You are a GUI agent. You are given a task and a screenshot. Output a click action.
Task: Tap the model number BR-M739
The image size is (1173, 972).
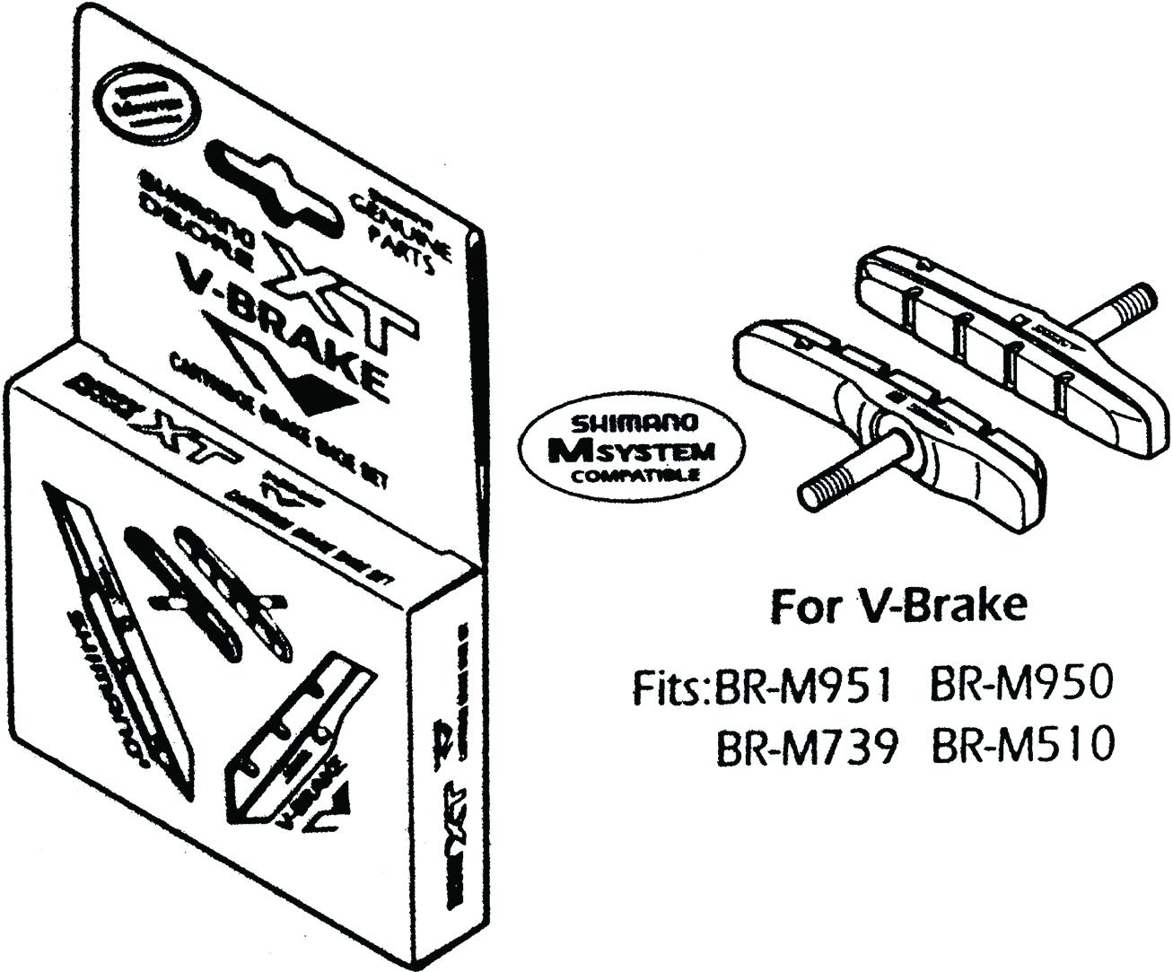tap(805, 745)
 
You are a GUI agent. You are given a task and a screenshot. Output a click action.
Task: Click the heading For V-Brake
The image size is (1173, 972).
tap(897, 608)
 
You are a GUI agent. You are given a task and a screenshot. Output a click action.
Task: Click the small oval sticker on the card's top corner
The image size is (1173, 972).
tap(146, 103)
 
